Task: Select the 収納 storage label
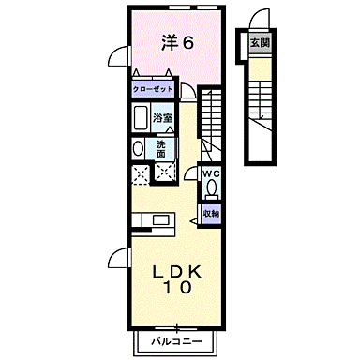pos(211,214)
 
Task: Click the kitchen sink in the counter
pos(146,222)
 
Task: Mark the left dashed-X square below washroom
pos(141,171)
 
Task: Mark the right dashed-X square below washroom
pos(165,171)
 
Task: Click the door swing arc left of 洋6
pos(116,56)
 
